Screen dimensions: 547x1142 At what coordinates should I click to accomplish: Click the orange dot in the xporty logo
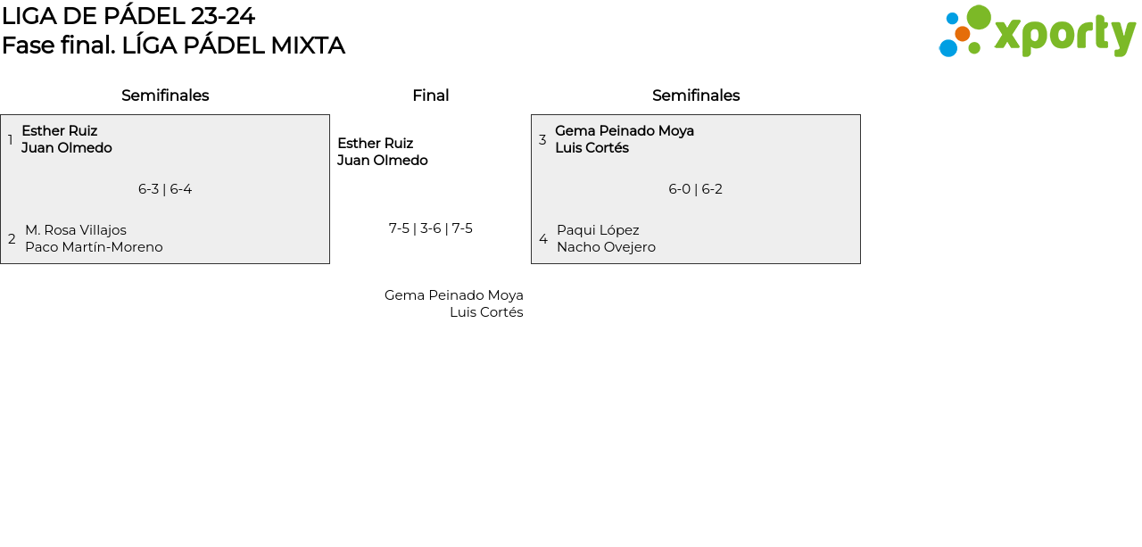click(962, 34)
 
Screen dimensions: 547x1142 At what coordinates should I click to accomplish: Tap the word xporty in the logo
click(1064, 35)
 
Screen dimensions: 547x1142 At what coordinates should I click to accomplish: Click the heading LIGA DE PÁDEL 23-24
click(128, 16)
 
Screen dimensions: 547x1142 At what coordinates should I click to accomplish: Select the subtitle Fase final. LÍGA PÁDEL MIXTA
click(173, 46)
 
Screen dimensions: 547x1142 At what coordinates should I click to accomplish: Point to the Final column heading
click(430, 95)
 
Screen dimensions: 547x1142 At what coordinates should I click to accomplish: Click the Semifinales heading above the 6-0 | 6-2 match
click(696, 95)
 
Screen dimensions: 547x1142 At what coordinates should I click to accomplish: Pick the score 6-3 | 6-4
click(165, 189)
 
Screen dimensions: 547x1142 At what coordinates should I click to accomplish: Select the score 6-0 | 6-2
click(696, 189)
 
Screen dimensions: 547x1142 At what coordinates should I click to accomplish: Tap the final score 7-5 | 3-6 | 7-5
click(430, 228)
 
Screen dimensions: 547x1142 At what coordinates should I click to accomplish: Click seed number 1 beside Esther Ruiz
click(11, 140)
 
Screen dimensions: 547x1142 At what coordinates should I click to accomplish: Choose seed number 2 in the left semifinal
click(12, 239)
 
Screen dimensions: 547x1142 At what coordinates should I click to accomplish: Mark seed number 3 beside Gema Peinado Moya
click(542, 140)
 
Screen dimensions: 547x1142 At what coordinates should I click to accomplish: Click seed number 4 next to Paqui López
click(543, 239)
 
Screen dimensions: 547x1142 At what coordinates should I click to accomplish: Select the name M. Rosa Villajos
click(76, 230)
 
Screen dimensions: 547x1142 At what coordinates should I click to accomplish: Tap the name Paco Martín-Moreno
click(94, 247)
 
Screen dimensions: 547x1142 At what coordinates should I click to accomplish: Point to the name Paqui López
click(598, 230)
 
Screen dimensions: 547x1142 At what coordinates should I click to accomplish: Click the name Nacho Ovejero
click(606, 247)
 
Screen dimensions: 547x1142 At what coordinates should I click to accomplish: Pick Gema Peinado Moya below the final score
click(453, 295)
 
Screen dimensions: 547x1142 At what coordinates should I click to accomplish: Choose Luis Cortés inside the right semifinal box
click(592, 148)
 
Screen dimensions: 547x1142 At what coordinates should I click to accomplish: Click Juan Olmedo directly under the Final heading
click(382, 161)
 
